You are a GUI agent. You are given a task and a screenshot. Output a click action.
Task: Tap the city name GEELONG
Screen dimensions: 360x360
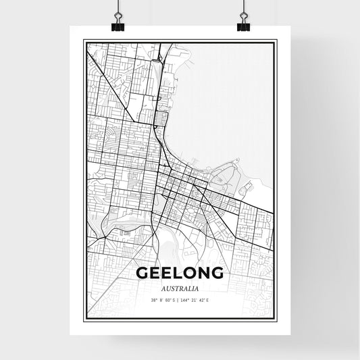coord(180,273)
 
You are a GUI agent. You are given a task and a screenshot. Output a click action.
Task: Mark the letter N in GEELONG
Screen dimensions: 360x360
coord(203,273)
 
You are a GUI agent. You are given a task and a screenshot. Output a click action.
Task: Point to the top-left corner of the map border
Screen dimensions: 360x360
coord(84,41)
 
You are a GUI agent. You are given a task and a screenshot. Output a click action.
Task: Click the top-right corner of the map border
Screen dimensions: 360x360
coord(276,41)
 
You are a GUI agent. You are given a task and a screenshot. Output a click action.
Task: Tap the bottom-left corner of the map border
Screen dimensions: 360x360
coord(84,317)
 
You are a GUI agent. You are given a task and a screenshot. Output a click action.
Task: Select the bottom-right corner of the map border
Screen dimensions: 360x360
coord(276,317)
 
